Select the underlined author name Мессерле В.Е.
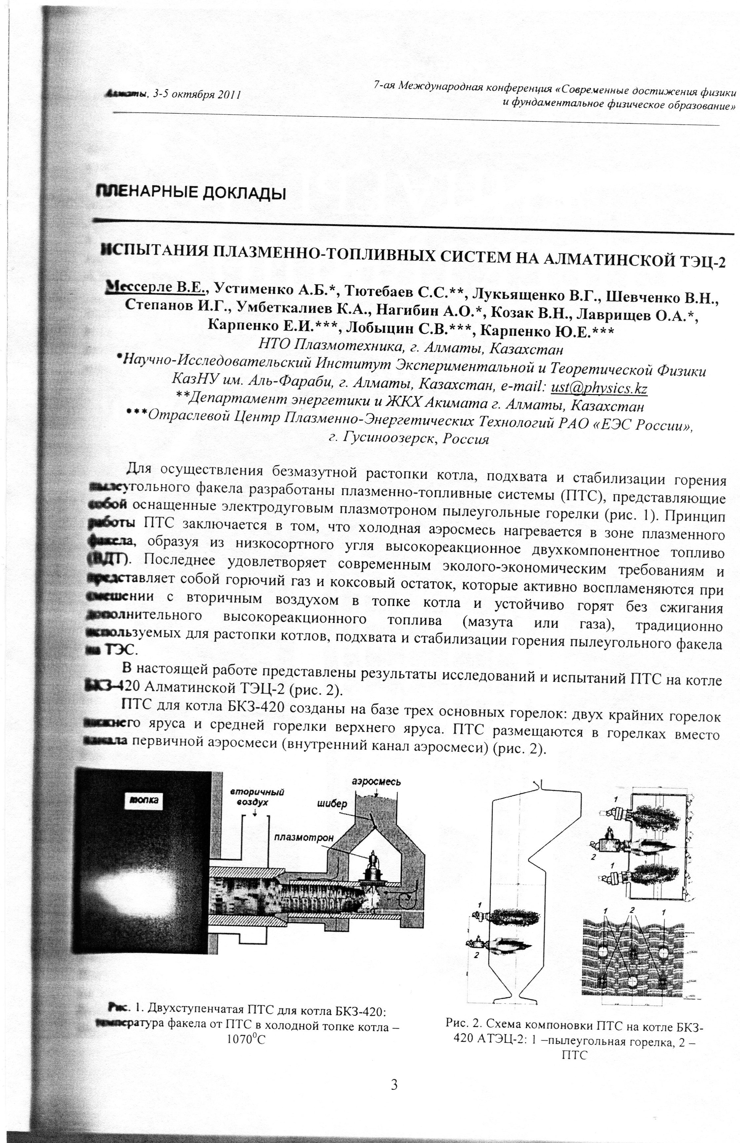click(156, 288)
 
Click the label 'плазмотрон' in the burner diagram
click(304, 837)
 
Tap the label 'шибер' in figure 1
click(333, 804)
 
